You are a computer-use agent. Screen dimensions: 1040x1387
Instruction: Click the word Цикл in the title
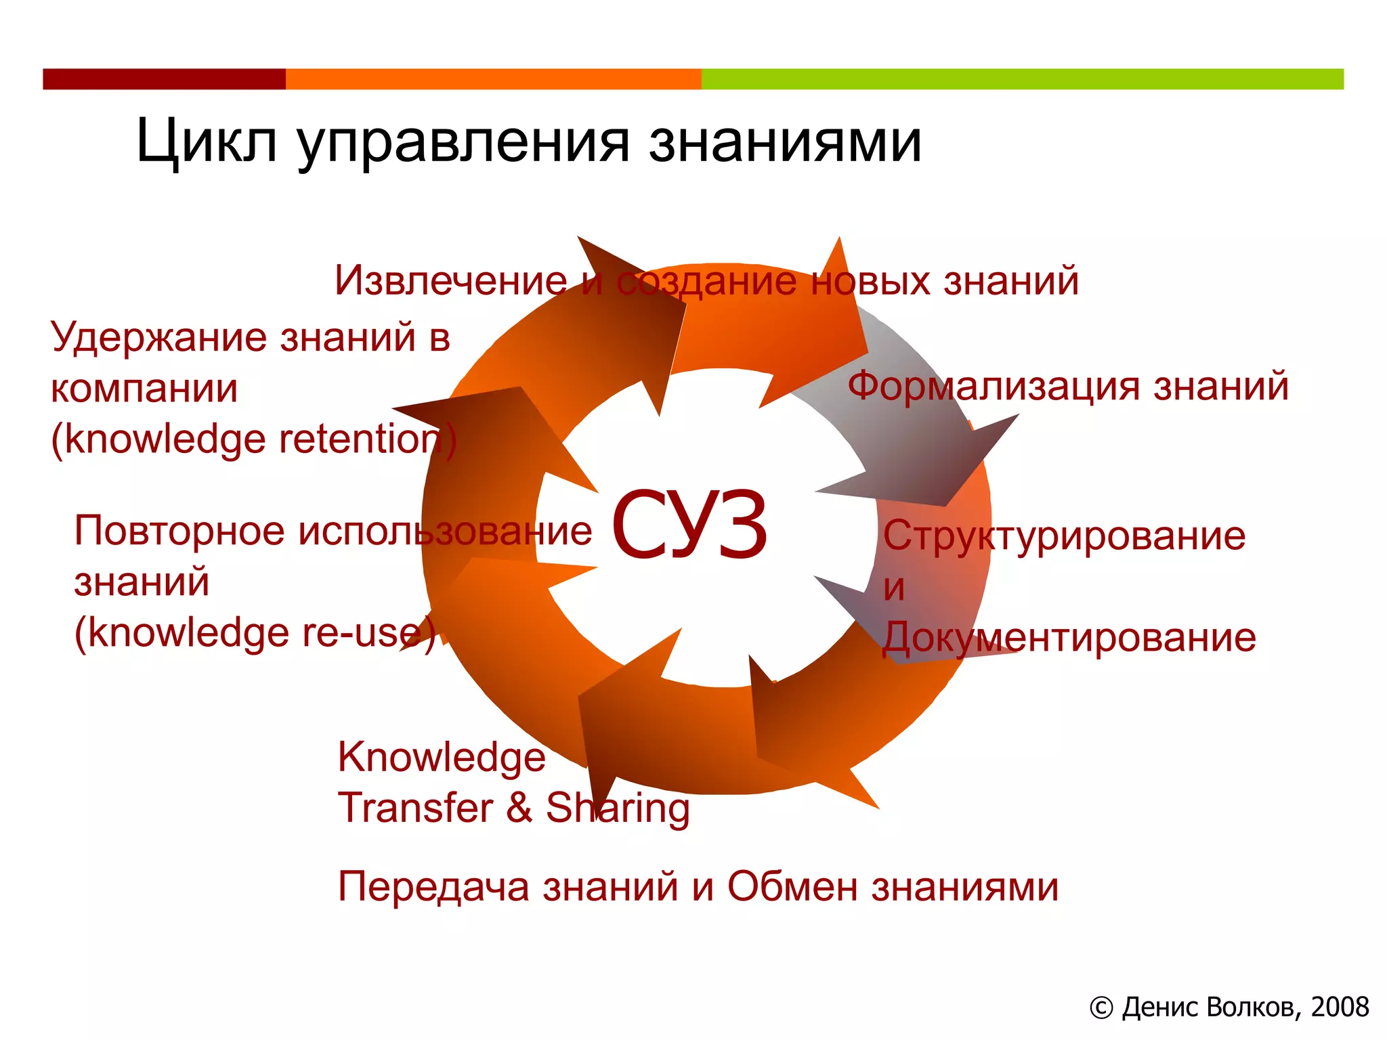207,142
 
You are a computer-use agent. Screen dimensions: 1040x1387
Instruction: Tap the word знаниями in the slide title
786,142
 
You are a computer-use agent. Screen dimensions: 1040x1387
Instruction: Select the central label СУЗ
689,525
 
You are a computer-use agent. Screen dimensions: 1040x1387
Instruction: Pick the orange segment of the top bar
493,79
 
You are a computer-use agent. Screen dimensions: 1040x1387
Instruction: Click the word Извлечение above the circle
450,280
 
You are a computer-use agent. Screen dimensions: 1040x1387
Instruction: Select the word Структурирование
1063,536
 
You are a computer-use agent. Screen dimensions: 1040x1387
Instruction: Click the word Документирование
1069,637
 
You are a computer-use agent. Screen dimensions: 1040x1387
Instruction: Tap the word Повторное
179,530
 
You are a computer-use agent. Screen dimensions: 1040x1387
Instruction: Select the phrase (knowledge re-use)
254,633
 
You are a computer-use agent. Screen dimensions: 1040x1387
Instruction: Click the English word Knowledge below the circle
442,757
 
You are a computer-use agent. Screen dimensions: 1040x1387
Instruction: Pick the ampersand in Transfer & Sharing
519,807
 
